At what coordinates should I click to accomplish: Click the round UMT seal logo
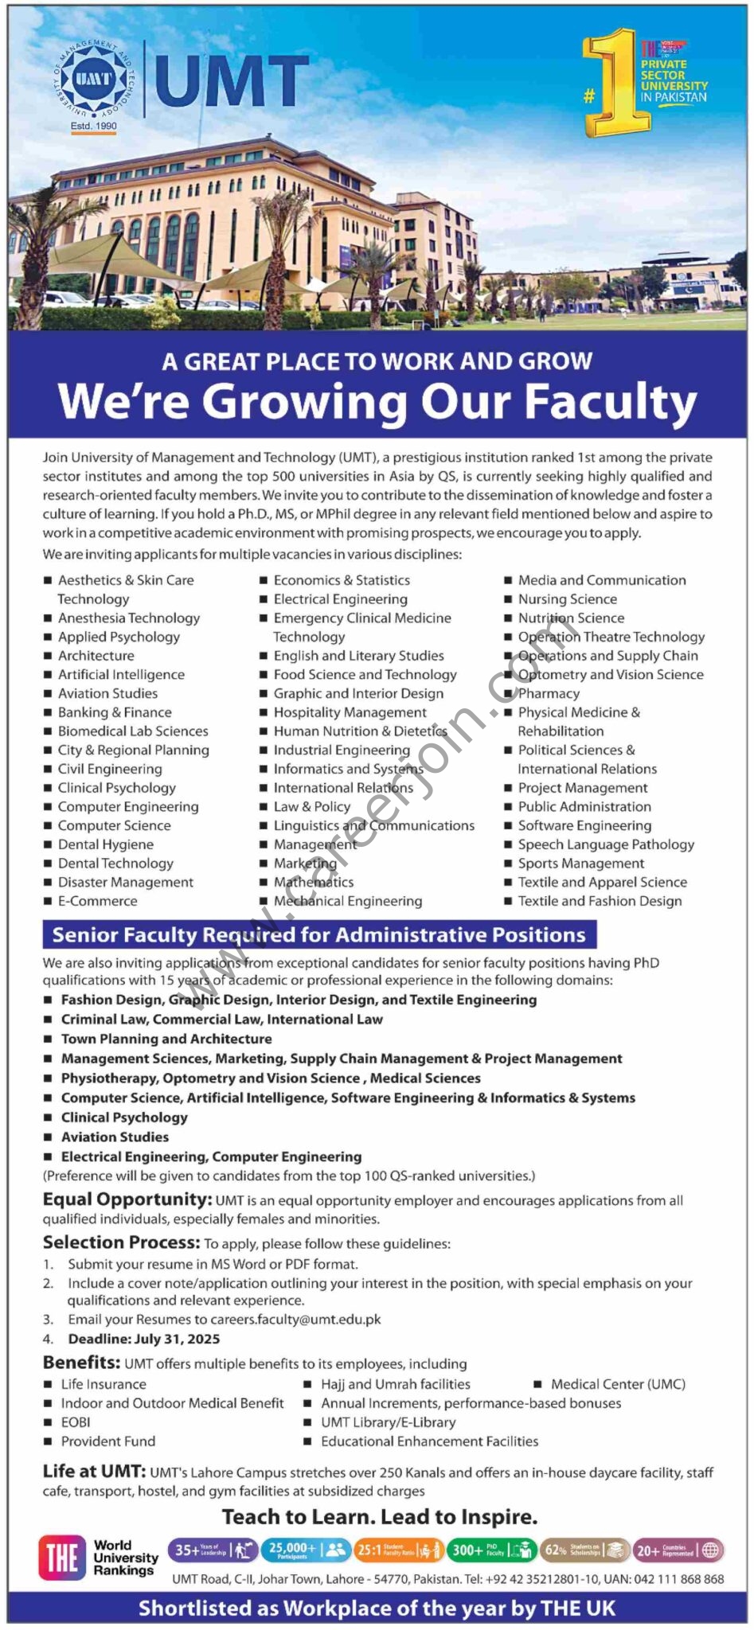click(93, 79)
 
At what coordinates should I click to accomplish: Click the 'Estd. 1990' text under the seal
click(93, 126)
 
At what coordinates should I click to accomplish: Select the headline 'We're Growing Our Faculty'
click(377, 402)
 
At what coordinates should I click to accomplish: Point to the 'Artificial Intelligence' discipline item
click(121, 674)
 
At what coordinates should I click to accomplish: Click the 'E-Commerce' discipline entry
click(97, 901)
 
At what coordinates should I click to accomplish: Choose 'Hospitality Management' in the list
click(350, 712)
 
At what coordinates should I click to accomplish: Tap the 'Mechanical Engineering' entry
click(348, 901)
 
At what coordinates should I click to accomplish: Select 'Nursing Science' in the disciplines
click(567, 599)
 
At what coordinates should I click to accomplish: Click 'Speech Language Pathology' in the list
click(606, 844)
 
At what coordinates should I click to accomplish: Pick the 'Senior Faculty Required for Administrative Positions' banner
click(318, 935)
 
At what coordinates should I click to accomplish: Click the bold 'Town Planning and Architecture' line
click(166, 1039)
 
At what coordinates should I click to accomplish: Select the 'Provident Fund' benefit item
click(108, 1441)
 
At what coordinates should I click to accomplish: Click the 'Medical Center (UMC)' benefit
click(618, 1385)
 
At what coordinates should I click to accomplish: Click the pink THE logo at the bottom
click(61, 1558)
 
